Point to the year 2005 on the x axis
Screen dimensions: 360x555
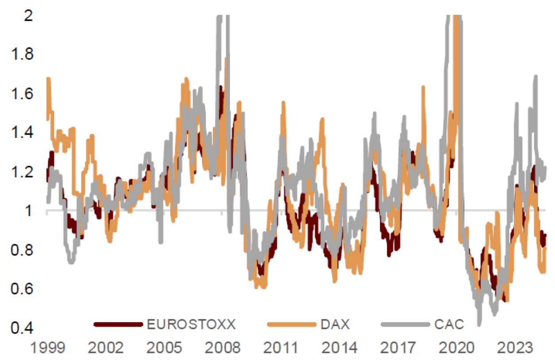click(164, 348)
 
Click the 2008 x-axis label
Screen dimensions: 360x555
click(222, 348)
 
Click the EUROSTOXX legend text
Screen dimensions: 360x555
click(191, 325)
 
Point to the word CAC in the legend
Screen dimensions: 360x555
click(448, 325)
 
